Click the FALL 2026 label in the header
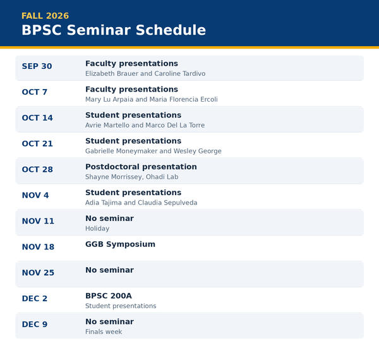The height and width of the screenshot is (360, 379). click(x=45, y=16)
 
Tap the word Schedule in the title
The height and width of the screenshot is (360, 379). click(x=171, y=30)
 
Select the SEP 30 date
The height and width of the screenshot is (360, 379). click(x=37, y=66)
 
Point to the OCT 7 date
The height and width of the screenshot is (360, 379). click(x=34, y=92)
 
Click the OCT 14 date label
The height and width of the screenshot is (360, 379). click(x=37, y=118)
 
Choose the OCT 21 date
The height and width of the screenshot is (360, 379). click(x=37, y=144)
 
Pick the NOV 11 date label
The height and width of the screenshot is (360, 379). click(x=38, y=221)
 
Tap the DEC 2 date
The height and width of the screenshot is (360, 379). click(x=35, y=299)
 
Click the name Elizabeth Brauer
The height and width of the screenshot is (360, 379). click(x=112, y=73)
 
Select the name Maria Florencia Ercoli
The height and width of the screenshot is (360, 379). click(x=183, y=99)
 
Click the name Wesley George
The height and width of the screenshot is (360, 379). click(x=198, y=151)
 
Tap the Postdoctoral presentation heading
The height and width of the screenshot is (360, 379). click(x=141, y=167)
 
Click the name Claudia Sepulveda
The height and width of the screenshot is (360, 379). click(x=167, y=203)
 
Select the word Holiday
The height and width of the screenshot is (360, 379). click(x=97, y=229)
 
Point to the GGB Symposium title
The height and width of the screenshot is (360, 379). click(x=120, y=244)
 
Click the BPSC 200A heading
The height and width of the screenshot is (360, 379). click(x=109, y=296)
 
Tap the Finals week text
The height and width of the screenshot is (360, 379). click(x=104, y=332)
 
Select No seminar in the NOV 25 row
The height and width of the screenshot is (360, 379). click(x=109, y=270)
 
